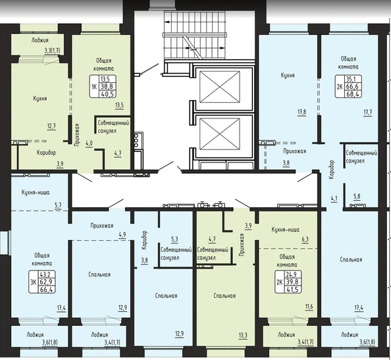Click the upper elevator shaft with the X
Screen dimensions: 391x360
[220, 87]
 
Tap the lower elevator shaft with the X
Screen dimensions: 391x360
[220, 134]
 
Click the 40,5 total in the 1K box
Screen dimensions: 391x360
[107, 94]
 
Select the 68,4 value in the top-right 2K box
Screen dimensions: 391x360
[353, 94]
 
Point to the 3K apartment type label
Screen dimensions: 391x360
[33, 282]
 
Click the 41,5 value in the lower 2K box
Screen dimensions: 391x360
[293, 289]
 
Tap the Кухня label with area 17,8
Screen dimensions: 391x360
[288, 75]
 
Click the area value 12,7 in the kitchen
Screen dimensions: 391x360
[51, 126]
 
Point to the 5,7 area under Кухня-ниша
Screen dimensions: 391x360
[58, 205]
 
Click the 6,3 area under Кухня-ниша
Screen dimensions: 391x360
[305, 240]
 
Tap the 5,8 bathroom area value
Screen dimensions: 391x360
[357, 196]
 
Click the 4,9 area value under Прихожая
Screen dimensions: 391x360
[122, 234]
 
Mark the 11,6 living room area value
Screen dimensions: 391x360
[309, 307]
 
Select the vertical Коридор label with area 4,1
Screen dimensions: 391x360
[332, 170]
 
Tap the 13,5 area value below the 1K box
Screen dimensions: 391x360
[119, 105]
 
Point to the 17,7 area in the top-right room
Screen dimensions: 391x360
[368, 112]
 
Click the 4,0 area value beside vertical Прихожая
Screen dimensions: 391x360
[89, 143]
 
